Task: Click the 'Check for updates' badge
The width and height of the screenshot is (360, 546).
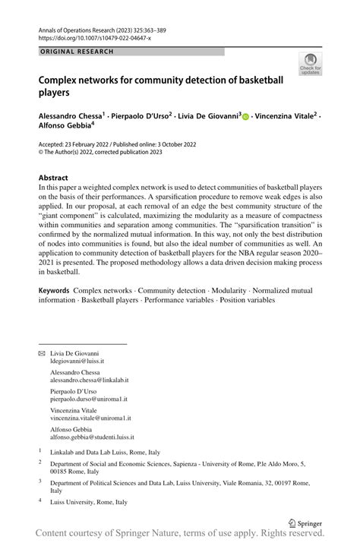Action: pos(310,64)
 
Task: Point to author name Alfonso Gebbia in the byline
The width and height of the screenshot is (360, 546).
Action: pos(65,127)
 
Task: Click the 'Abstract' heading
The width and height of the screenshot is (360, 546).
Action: pos(53,178)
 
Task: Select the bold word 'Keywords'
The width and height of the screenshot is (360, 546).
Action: pos(54,291)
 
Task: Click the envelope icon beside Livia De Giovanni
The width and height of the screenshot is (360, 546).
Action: pos(42,354)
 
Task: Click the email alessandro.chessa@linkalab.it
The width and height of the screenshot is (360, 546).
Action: pos(89,380)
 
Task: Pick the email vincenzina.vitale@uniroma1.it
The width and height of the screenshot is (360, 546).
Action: pos(90,418)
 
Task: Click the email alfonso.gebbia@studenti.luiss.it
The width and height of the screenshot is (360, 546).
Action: pos(92,437)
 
